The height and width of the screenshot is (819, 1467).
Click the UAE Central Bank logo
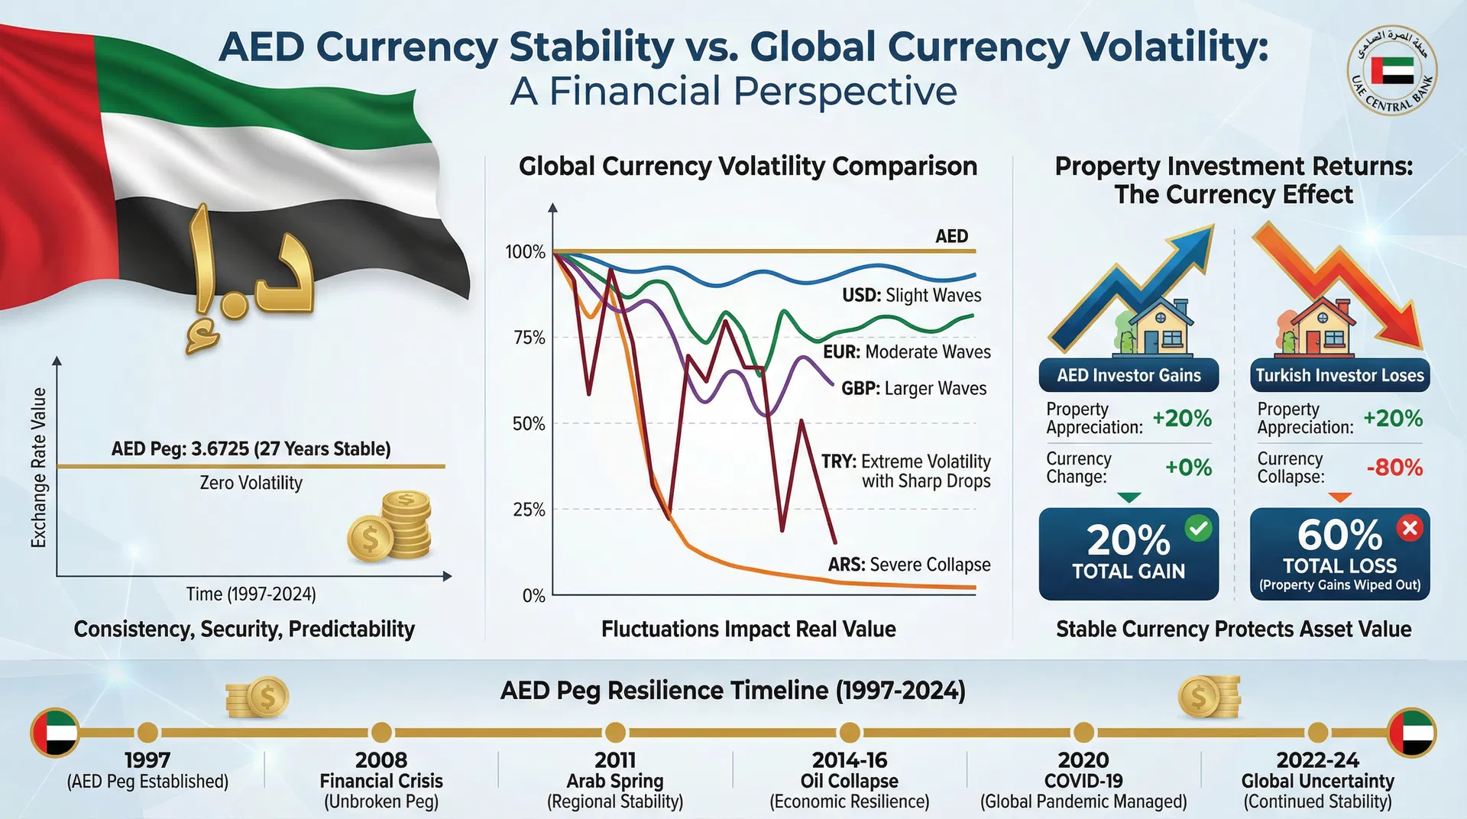1391,70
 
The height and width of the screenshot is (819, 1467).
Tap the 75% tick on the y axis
529,338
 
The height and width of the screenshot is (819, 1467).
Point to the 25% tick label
529,510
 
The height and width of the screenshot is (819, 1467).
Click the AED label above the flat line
951,236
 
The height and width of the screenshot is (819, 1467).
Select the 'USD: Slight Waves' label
912,296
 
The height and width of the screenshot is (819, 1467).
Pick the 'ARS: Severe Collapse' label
909,565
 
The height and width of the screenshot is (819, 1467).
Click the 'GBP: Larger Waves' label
914,388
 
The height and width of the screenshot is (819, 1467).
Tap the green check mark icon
1198,528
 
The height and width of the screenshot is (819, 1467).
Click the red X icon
1410,528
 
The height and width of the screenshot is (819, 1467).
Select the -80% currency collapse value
1394,468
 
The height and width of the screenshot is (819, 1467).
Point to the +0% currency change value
1188,468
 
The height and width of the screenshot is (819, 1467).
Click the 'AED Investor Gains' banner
1129,375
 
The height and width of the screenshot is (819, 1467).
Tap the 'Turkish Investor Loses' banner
1339,375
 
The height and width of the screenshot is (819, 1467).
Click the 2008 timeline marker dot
381,733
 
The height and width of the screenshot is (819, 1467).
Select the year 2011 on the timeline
615,760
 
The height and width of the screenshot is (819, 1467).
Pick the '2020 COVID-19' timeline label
1083,770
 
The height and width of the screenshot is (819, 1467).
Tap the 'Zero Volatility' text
251,483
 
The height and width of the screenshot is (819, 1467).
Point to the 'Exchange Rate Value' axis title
38,468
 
